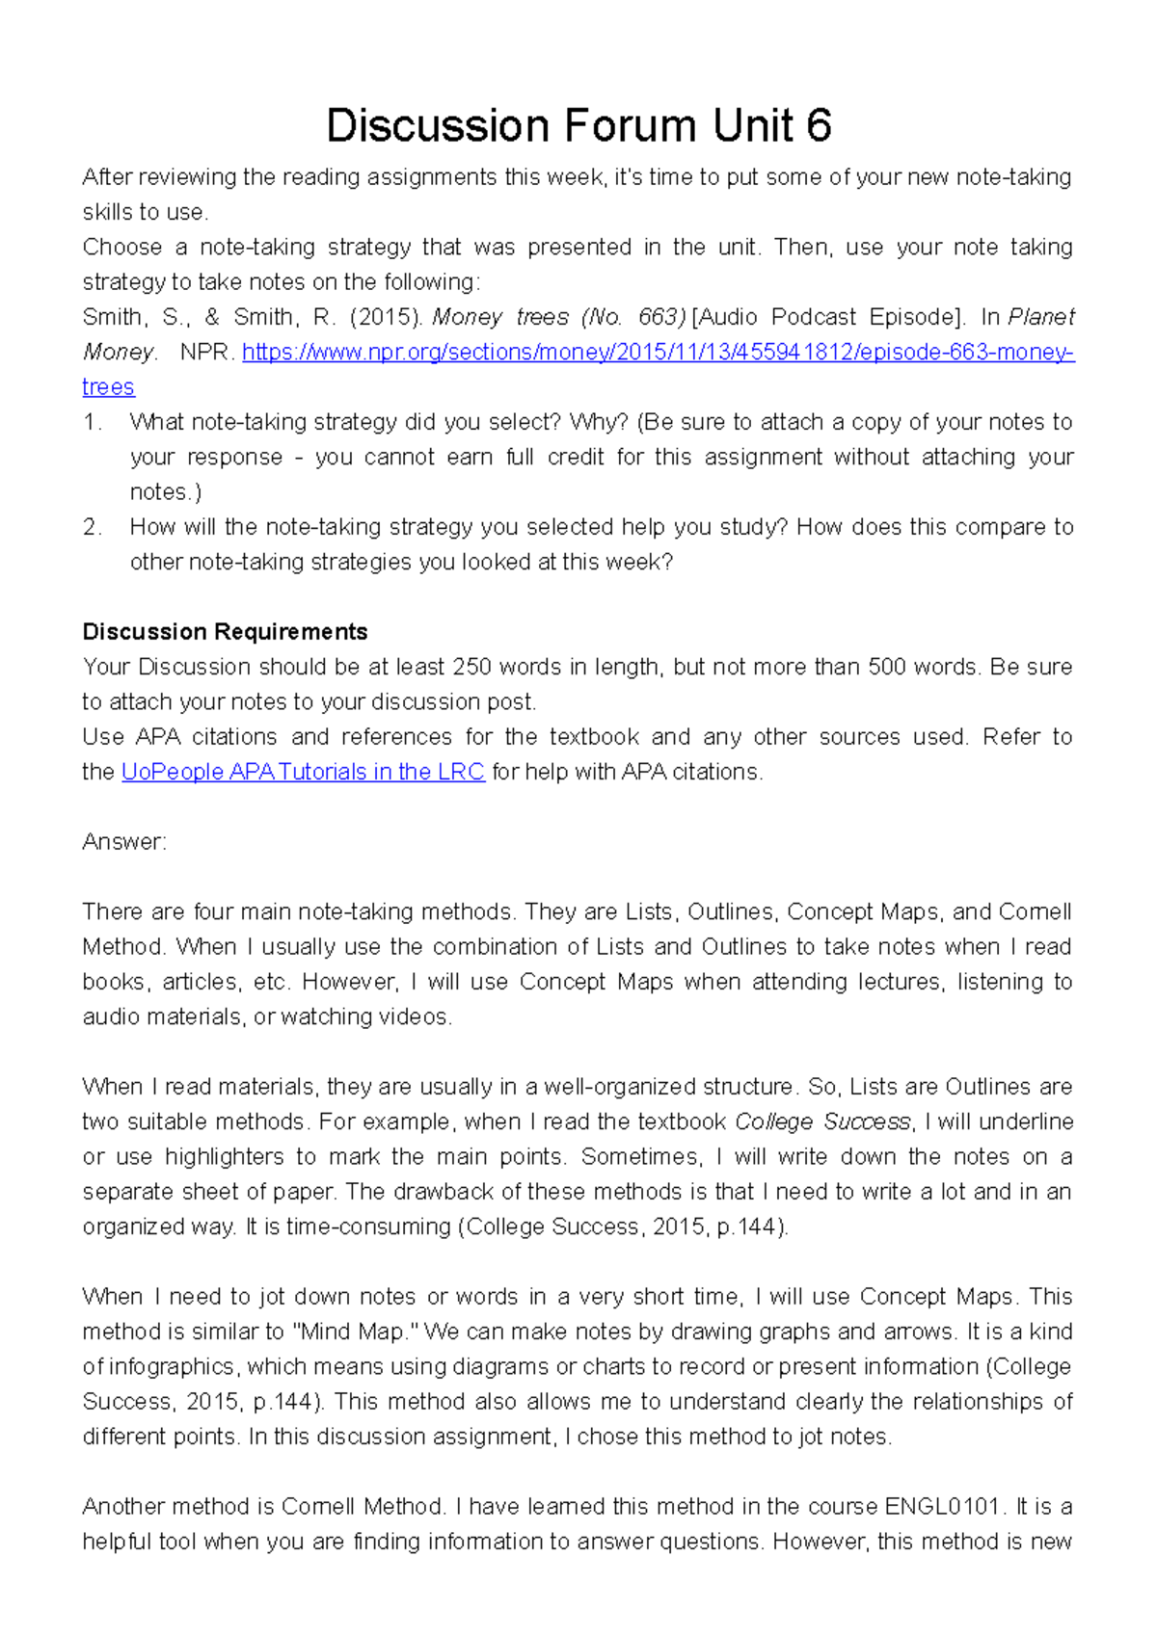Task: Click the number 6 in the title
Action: pos(818,126)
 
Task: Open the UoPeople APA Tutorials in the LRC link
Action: pos(303,772)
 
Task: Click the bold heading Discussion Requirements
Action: pos(225,632)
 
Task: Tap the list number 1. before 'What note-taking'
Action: pos(93,422)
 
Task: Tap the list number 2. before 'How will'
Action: pos(93,527)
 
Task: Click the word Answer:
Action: pos(124,842)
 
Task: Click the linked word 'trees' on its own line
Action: pos(108,387)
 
